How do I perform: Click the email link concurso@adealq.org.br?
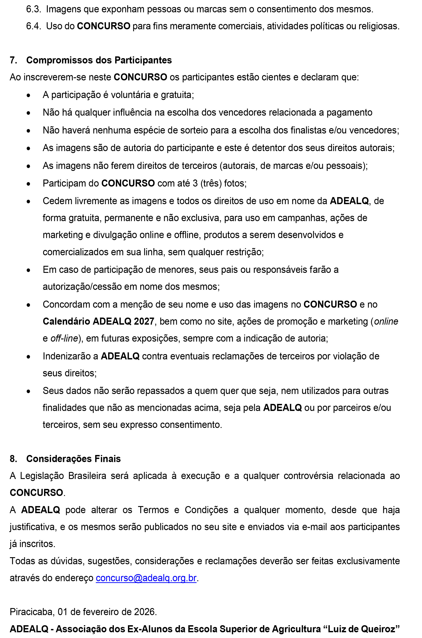coord(146,578)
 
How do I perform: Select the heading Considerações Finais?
coord(74,459)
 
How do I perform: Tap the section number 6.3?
coord(33,9)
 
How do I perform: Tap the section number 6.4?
coord(33,26)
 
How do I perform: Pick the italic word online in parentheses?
coord(386,321)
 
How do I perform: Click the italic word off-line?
coord(64,338)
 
